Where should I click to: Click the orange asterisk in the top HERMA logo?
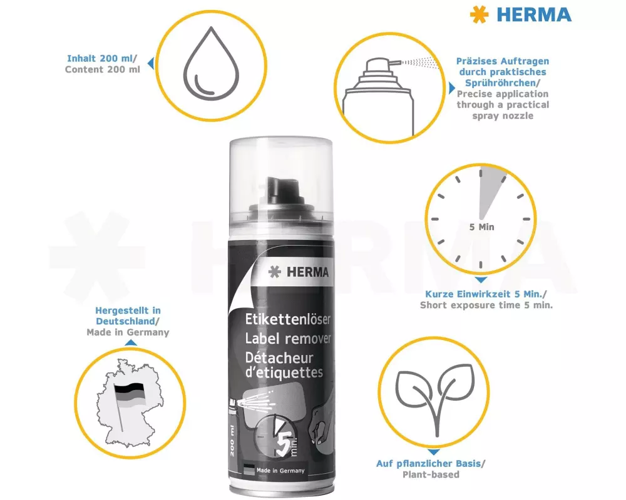479,14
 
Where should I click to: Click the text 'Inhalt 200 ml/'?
102,58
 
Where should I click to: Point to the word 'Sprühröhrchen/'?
502,83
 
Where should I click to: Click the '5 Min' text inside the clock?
481,227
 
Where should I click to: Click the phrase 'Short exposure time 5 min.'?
486,305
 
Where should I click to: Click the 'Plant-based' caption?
431,474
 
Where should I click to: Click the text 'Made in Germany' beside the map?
128,332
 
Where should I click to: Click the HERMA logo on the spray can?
299,272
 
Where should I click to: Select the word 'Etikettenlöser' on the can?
287,319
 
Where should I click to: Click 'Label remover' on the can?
288,339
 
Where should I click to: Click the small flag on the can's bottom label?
249,470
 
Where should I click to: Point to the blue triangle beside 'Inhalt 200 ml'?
150,63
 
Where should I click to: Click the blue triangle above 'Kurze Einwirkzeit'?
481,280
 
